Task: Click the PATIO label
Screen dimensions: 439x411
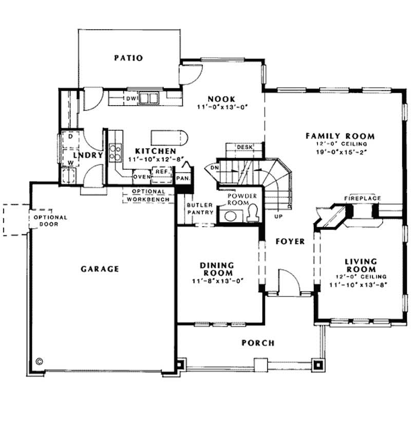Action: coord(128,58)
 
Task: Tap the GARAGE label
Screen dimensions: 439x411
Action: coord(100,268)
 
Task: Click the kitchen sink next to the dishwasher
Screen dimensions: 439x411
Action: coord(150,97)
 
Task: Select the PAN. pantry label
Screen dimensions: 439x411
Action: coord(182,178)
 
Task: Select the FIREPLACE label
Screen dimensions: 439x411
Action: coord(362,198)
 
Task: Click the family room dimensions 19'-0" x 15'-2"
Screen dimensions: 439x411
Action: coord(340,152)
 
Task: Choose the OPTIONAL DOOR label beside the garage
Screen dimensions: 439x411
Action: coord(51,221)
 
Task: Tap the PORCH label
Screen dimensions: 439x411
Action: coord(258,343)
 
